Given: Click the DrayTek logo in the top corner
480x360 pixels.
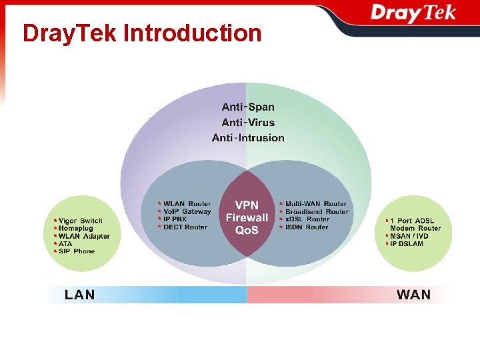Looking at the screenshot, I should [x=413, y=13].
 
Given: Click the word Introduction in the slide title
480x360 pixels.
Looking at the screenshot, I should [x=193, y=33].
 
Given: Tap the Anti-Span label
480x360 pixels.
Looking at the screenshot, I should [x=248, y=107].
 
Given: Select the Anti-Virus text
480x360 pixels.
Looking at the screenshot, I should [x=248, y=122].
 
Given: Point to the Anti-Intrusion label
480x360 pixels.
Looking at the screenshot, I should [x=248, y=138].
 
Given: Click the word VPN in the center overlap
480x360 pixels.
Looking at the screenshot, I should [x=247, y=205].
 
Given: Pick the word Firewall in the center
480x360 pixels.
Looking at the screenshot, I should [x=247, y=217].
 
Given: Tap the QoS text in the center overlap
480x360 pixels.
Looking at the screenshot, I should [x=247, y=230].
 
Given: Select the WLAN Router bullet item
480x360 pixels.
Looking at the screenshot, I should [x=187, y=204].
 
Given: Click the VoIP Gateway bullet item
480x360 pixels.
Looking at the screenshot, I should [x=187, y=211].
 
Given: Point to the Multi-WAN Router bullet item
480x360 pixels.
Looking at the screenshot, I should [x=315, y=204].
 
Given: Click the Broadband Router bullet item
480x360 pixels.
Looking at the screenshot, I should [x=317, y=211].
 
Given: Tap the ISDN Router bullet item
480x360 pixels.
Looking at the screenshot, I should [x=307, y=227].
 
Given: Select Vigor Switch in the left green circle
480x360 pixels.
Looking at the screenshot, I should [x=80, y=221].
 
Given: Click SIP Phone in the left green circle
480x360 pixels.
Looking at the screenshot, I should [x=76, y=251].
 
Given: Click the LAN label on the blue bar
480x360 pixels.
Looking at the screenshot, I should [x=79, y=295].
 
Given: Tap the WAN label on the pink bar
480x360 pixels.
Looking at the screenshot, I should [x=413, y=295].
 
